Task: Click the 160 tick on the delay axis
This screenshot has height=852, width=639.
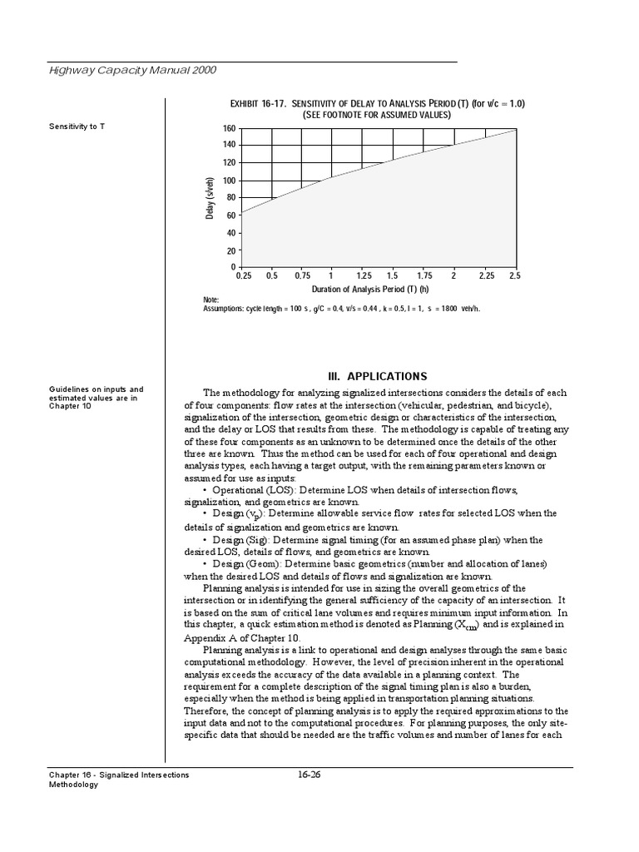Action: (229, 129)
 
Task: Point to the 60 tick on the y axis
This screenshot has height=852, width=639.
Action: (231, 215)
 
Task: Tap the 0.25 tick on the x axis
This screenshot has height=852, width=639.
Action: (244, 275)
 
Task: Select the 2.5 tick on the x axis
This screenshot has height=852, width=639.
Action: (514, 275)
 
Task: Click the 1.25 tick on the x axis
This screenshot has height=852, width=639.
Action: (364, 275)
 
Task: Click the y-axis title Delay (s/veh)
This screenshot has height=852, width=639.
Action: (211, 198)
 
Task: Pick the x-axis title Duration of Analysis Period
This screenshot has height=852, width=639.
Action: (370, 290)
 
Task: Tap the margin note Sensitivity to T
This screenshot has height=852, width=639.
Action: (77, 126)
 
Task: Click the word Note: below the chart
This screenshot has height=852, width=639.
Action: (211, 300)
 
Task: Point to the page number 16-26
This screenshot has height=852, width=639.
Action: (309, 775)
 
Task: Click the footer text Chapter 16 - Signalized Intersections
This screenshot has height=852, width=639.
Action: (119, 775)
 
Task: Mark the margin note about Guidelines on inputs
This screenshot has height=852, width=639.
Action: (96, 398)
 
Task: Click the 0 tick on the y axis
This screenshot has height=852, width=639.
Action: (234, 267)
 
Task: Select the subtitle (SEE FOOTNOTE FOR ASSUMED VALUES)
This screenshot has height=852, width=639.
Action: (377, 115)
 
